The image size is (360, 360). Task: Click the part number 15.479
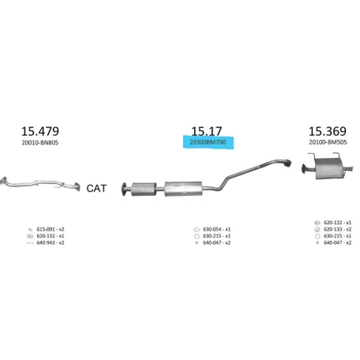click(x=40, y=131)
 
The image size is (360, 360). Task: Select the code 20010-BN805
click(x=40, y=143)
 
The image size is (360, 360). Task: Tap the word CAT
click(x=96, y=189)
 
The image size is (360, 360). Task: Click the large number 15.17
click(x=207, y=131)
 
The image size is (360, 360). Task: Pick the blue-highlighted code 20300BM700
click(x=208, y=142)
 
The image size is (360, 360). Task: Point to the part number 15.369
click(x=328, y=131)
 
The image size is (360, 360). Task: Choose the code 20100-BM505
click(x=328, y=142)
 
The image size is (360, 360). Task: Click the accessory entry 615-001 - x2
click(x=51, y=229)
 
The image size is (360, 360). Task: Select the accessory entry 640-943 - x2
click(x=51, y=242)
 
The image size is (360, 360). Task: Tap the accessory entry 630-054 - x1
click(x=216, y=229)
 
